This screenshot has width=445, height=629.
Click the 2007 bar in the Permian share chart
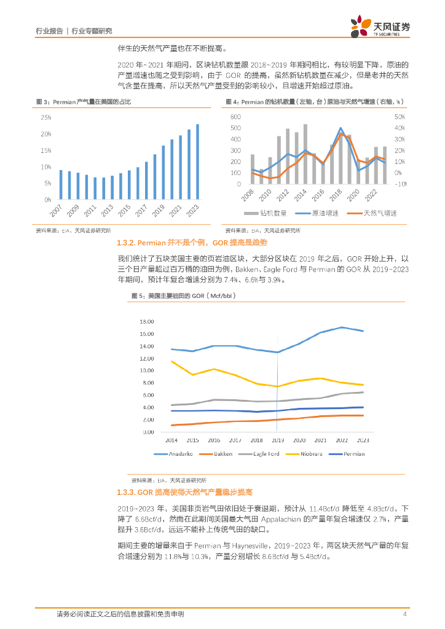pyautogui.click(x=60, y=185)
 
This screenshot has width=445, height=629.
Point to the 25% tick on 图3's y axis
pyautogui.click(x=46, y=117)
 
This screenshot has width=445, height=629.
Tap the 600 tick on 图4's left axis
pyautogui.click(x=235, y=117)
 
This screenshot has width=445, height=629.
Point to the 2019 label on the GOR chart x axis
pyautogui.click(x=278, y=440)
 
